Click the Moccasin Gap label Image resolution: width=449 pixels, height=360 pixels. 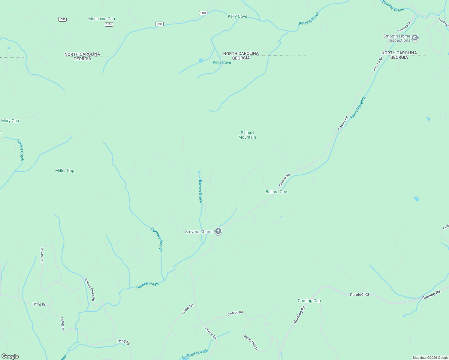pos(101,19)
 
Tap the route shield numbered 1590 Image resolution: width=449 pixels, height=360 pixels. pos(62,19)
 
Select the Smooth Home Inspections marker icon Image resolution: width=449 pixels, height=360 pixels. pos(415,38)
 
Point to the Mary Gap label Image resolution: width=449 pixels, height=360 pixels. pos(10,121)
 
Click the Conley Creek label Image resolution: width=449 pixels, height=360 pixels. pos(20,150)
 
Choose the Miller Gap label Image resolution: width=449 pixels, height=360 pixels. pos(65,170)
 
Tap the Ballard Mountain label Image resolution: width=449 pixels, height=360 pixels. pos(247,135)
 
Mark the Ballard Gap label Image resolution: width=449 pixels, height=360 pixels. pos(276,192)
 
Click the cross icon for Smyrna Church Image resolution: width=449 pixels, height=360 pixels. pos(218,231)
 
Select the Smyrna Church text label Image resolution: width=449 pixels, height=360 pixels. pos(199,232)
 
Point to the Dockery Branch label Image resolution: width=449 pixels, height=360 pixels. pos(157,239)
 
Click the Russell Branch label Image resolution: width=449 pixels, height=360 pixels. pos(358,107)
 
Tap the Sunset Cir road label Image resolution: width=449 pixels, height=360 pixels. pos(42,255)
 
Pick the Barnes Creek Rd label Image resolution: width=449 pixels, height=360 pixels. pos(90,289)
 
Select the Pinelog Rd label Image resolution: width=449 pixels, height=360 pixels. pos(235,313)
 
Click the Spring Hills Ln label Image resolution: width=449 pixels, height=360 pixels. pos(251,342)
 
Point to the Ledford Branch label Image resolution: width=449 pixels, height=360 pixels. pos(195,354)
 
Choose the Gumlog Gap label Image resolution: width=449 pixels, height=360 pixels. pos(309,301)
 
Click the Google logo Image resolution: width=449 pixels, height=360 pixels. pos(10,356)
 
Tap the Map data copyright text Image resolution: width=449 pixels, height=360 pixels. pos(430,358)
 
